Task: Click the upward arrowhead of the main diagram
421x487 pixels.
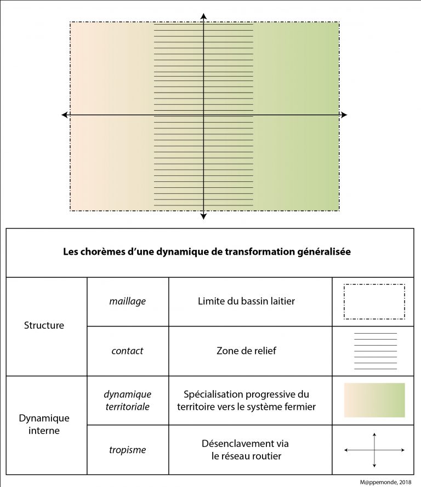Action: [203, 16]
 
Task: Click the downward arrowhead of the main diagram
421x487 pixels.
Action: [203, 216]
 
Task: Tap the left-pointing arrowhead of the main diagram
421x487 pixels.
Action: [65, 114]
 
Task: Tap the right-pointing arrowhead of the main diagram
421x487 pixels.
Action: [344, 114]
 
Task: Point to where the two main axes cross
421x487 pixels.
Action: [203, 114]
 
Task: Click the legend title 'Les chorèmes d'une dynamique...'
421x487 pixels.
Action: [207, 253]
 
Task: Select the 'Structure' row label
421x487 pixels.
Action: [44, 325]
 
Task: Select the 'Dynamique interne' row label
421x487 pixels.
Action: [44, 425]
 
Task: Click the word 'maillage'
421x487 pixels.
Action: [128, 301]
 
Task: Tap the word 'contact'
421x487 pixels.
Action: [128, 351]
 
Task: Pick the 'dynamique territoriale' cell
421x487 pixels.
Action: [128, 400]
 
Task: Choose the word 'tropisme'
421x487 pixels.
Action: [128, 450]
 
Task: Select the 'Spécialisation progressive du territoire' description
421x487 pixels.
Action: [251, 400]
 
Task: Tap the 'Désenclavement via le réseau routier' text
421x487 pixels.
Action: [250, 450]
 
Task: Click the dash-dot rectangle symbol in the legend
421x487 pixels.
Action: [374, 301]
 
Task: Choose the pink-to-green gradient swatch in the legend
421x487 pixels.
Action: [374, 400]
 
